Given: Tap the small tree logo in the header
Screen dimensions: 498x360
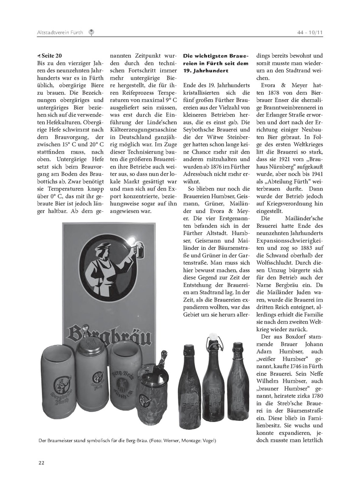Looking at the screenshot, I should (91, 32).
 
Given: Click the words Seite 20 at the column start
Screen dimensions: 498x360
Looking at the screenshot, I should (52, 55).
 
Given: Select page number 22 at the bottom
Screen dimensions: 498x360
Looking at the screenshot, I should (41, 462).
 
